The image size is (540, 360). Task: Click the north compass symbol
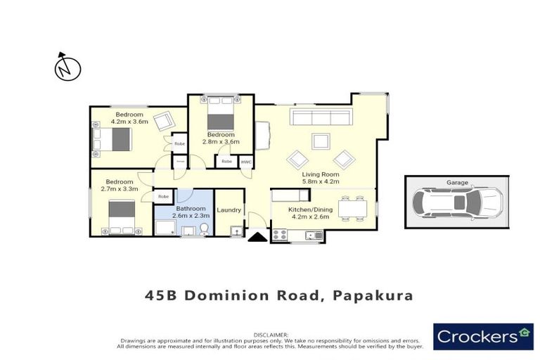click(67, 67)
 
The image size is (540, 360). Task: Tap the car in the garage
click(457, 202)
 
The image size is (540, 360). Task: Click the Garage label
click(457, 183)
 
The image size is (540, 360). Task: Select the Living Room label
click(321, 174)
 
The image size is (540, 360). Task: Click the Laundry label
click(229, 210)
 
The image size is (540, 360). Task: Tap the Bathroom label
click(191, 209)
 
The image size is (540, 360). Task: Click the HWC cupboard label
click(246, 162)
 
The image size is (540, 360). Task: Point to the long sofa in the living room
click(321, 117)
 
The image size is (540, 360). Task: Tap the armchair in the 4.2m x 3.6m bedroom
click(164, 122)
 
